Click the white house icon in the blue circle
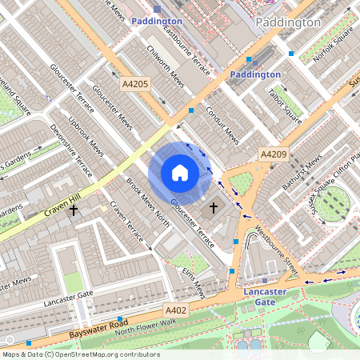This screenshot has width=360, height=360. pyautogui.click(x=179, y=173)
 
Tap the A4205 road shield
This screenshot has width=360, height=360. pyautogui.click(x=136, y=83)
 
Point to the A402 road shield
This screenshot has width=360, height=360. pyautogui.click(x=176, y=310)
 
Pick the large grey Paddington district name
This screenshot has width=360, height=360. pyautogui.click(x=287, y=23)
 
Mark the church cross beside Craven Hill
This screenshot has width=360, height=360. pyautogui.click(x=74, y=210)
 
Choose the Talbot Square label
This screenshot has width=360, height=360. pyautogui.click(x=283, y=106)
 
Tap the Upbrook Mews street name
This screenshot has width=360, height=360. pyautogui.click(x=86, y=138)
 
